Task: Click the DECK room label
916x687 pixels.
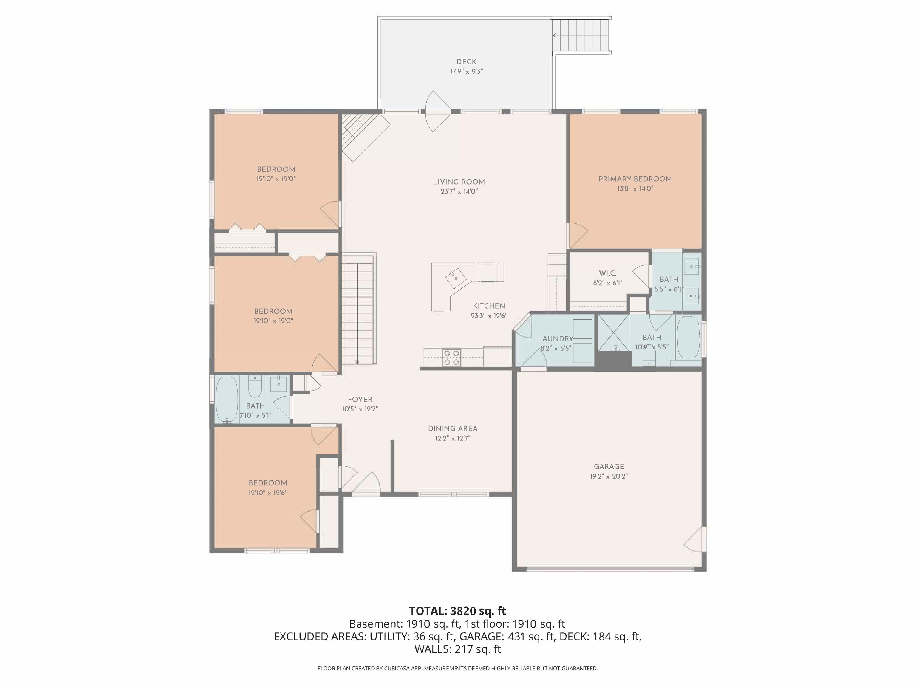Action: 466,62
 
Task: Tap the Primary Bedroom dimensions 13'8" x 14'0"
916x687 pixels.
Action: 635,189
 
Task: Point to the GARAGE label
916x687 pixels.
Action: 609,466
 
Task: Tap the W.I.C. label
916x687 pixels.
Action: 607,273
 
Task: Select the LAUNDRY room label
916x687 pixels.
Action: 555,339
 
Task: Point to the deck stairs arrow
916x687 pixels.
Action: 555,35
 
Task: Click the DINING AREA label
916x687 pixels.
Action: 453,428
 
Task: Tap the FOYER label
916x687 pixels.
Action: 360,400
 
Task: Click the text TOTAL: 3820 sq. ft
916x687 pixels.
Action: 458,611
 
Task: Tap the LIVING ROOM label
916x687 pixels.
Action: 459,182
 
